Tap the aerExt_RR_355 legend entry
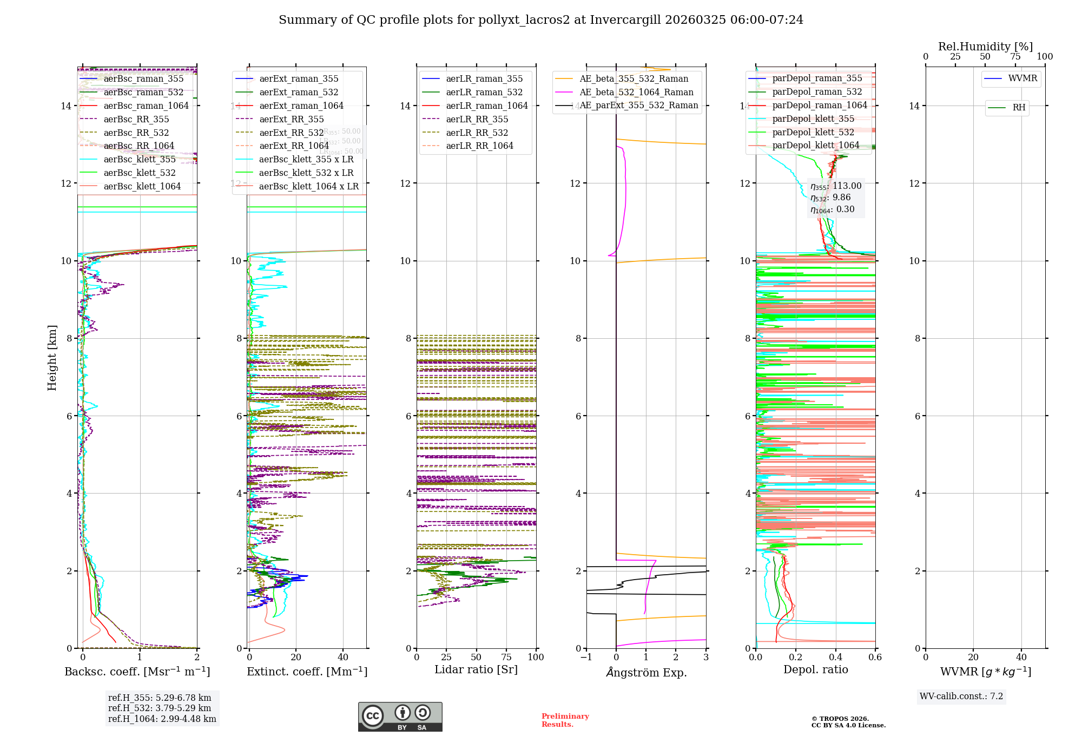(291, 120)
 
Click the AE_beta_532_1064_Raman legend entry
(636, 93)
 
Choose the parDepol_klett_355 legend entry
(813, 119)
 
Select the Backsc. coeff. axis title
(137, 672)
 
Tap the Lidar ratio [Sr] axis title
(476, 670)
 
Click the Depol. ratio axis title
(815, 670)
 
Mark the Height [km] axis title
(52, 358)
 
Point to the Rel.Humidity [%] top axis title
(985, 47)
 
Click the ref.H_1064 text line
(162, 719)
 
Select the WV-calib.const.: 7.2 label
(961, 696)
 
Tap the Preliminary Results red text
(565, 720)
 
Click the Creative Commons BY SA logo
(400, 717)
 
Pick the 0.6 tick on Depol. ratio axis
(875, 658)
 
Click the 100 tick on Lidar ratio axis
(536, 658)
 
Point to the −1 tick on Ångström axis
(586, 658)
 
